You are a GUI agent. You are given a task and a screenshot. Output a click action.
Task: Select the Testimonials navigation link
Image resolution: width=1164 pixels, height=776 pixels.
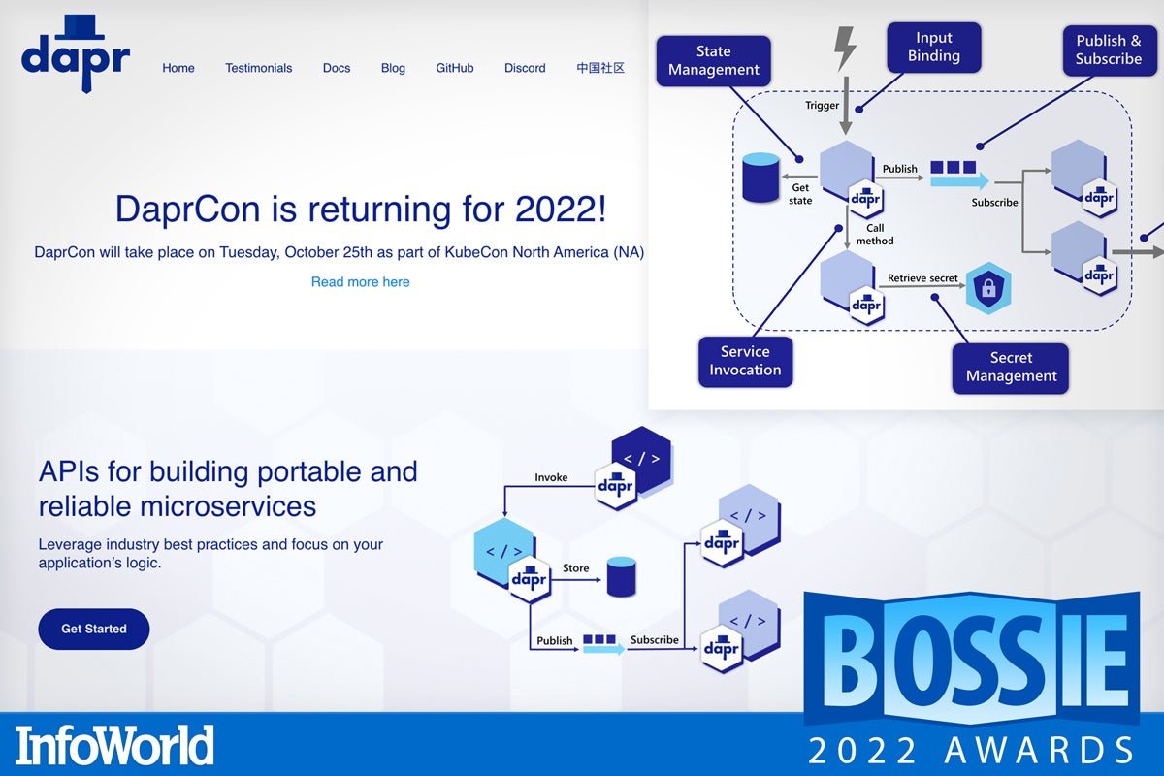(258, 68)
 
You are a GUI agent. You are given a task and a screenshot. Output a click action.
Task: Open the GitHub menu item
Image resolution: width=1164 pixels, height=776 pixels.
(454, 68)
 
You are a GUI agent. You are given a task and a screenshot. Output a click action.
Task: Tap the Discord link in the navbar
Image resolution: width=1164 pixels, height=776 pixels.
(525, 68)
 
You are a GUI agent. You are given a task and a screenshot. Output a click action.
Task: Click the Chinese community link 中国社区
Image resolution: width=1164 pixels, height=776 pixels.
(599, 68)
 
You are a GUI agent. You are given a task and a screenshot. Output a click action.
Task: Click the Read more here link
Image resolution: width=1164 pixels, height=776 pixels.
(360, 282)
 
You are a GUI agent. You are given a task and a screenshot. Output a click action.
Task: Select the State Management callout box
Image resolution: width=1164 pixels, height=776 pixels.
(714, 61)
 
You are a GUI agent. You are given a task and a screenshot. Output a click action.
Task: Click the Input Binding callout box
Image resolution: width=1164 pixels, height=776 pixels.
(933, 47)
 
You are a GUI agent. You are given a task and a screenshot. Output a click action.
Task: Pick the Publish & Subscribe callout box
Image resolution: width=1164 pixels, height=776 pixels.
(1108, 49)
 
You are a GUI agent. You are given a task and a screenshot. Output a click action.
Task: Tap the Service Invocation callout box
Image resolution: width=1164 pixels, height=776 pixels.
(745, 361)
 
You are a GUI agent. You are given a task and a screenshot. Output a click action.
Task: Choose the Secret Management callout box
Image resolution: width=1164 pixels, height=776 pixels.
(1011, 368)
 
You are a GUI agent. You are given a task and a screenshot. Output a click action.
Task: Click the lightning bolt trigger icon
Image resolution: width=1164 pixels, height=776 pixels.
(846, 48)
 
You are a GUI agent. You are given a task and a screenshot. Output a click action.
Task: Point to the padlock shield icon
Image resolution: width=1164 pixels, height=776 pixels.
(988, 288)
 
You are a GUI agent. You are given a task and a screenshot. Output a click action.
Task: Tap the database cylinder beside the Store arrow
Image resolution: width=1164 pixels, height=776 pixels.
(621, 576)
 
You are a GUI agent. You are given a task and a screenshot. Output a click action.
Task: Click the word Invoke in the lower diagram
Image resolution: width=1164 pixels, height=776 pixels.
(551, 477)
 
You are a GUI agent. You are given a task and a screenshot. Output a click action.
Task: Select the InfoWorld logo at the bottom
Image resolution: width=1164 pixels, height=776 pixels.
(113, 745)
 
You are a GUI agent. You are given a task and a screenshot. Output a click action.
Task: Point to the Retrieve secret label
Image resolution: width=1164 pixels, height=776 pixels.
(922, 278)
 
